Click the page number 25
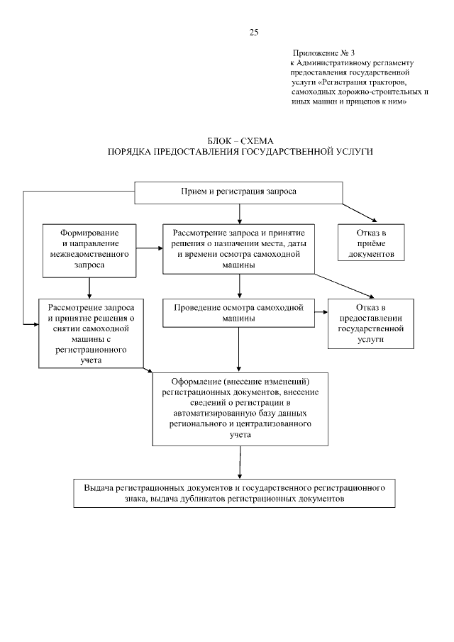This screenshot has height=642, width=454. [254, 32]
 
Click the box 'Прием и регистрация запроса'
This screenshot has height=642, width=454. [239, 192]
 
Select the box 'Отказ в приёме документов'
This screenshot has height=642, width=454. [371, 243]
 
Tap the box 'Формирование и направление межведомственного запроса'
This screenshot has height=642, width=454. [89, 249]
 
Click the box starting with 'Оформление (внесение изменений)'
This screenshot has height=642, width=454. [240, 408]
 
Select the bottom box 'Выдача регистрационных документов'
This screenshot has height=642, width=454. [234, 494]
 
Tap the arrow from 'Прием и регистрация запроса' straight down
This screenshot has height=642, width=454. [240, 213]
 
